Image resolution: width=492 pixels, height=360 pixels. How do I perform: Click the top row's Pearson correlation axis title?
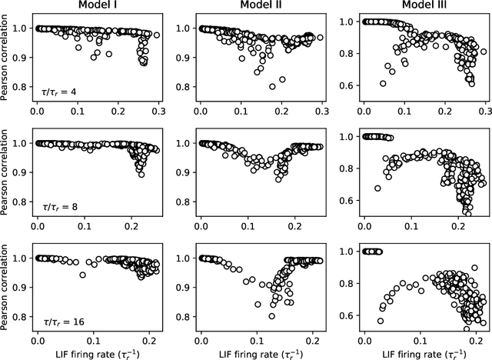point(7,59)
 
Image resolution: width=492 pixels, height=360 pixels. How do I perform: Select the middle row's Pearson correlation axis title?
point(7,175)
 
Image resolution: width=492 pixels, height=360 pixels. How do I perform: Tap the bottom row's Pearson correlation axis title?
point(7,290)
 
